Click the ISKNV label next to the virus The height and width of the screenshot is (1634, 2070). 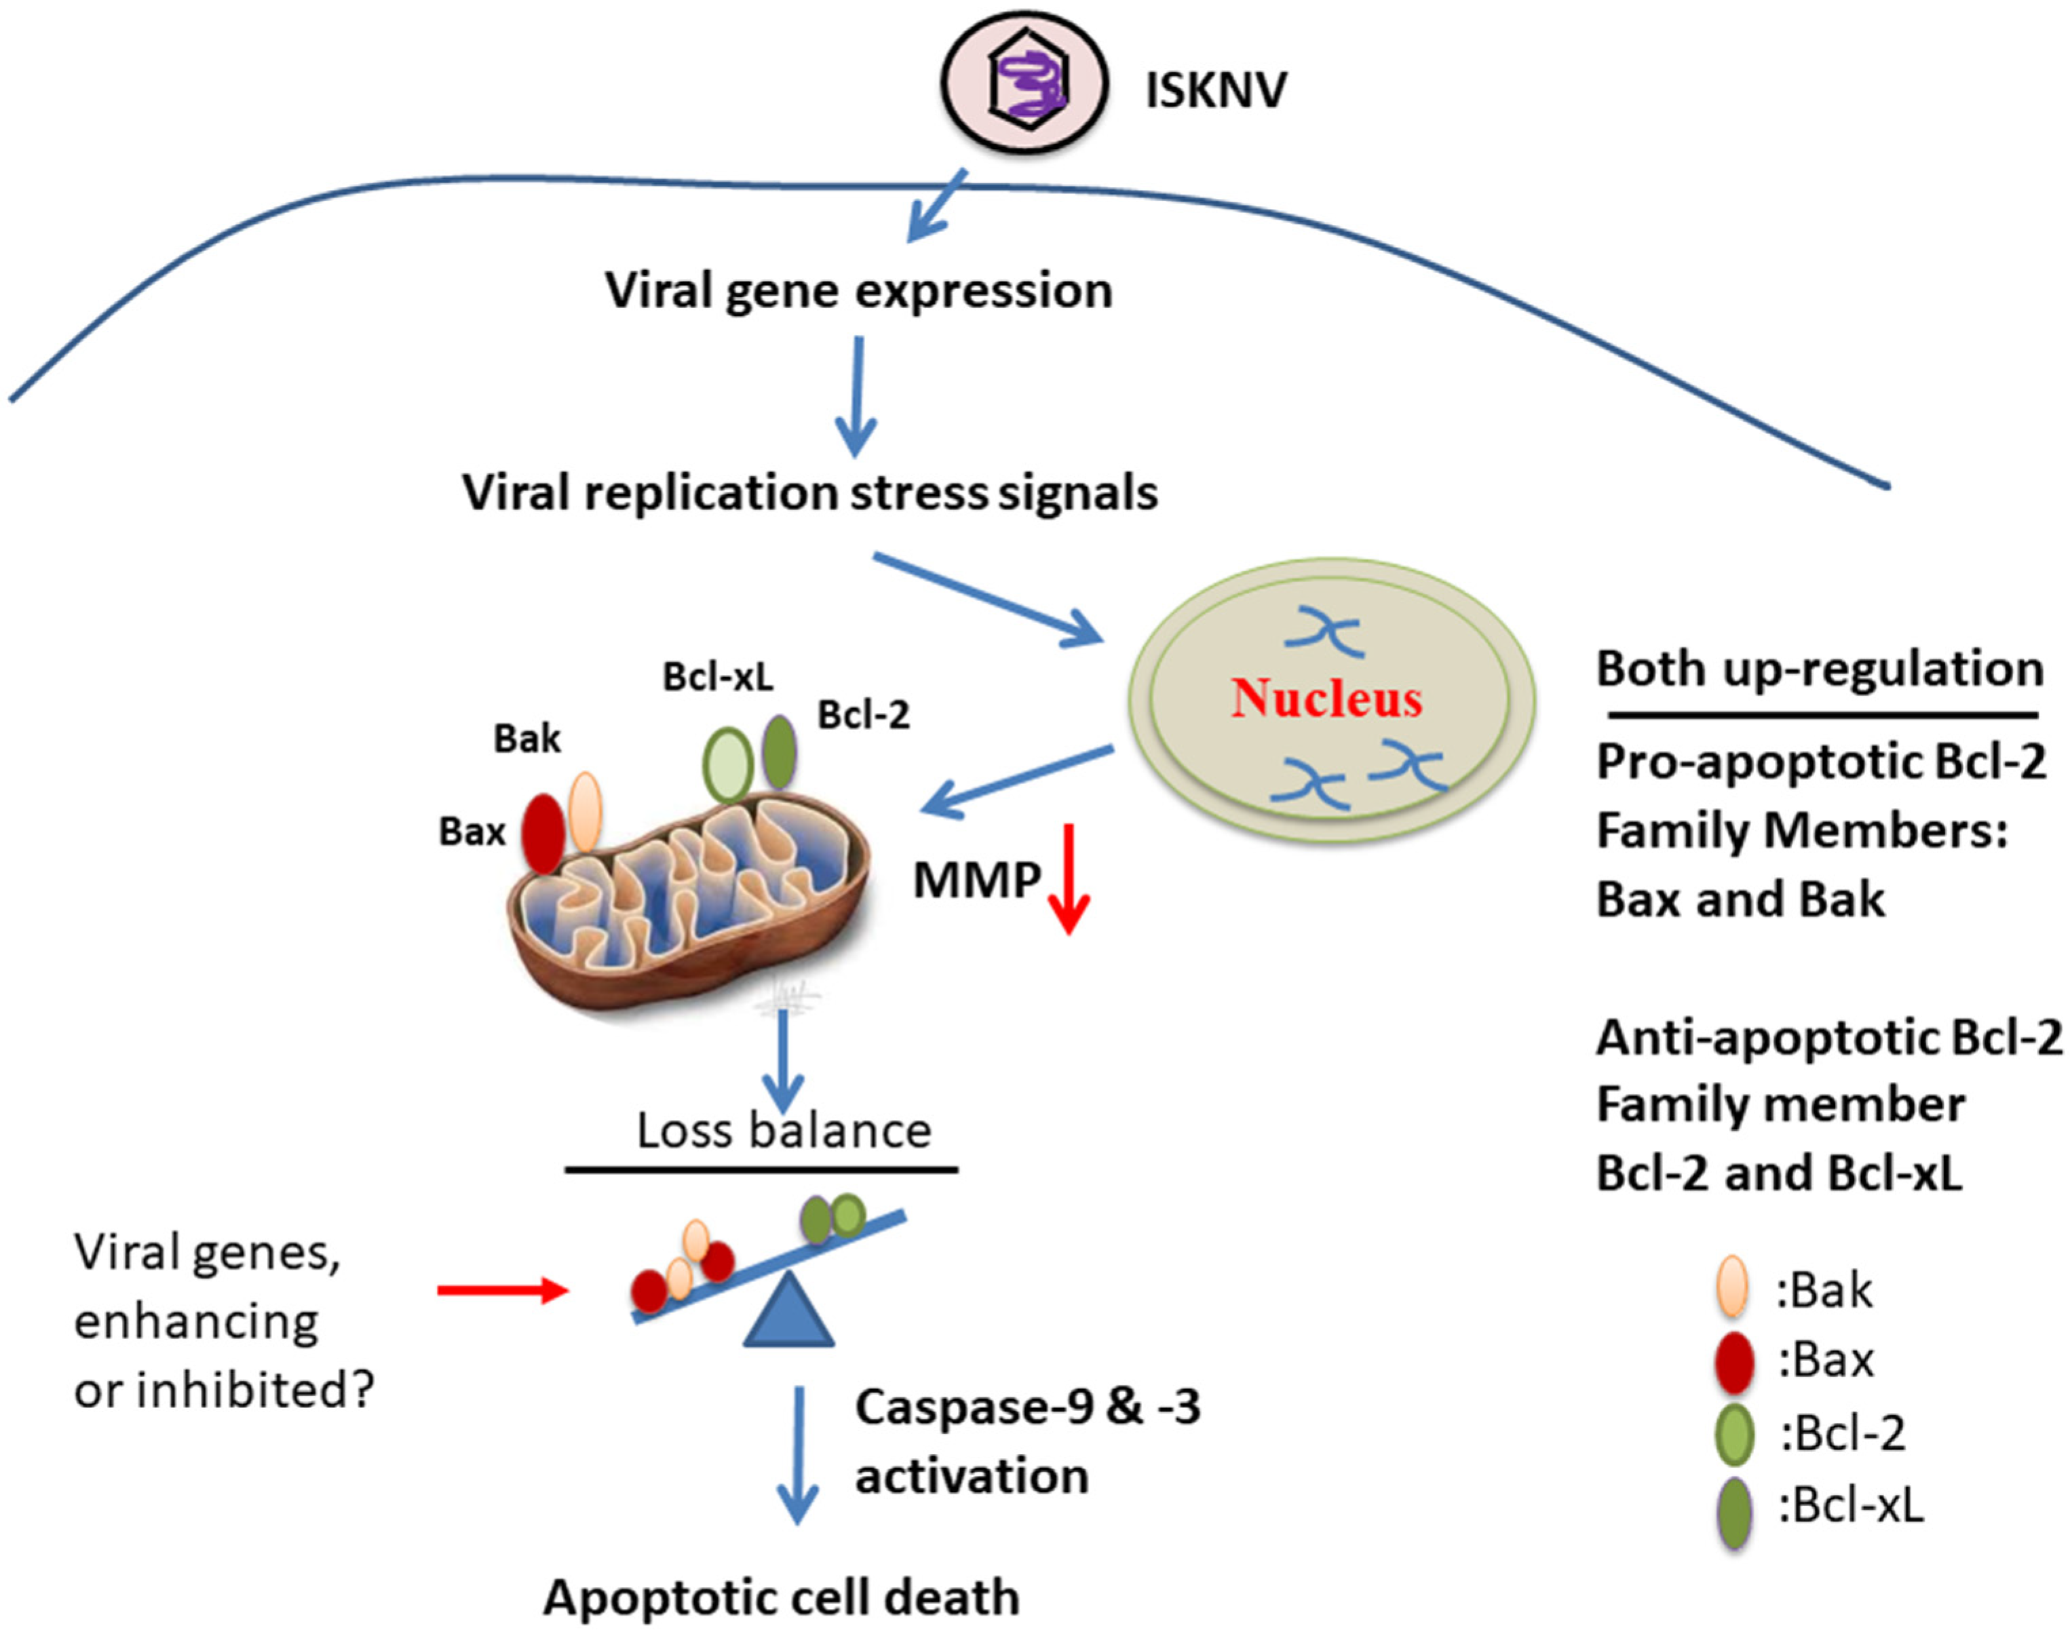(1215, 92)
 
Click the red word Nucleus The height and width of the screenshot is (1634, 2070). (1326, 699)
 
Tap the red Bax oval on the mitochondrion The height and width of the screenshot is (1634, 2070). (543, 832)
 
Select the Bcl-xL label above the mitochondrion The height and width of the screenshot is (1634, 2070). (718, 678)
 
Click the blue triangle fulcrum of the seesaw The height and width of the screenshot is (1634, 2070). (788, 1312)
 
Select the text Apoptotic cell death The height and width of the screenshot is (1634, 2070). (781, 1597)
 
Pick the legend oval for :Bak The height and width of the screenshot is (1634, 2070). (1732, 1287)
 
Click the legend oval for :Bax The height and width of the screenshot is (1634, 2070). (1734, 1361)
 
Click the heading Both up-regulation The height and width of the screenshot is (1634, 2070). (1819, 669)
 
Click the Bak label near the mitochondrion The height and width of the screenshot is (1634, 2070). (526, 739)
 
